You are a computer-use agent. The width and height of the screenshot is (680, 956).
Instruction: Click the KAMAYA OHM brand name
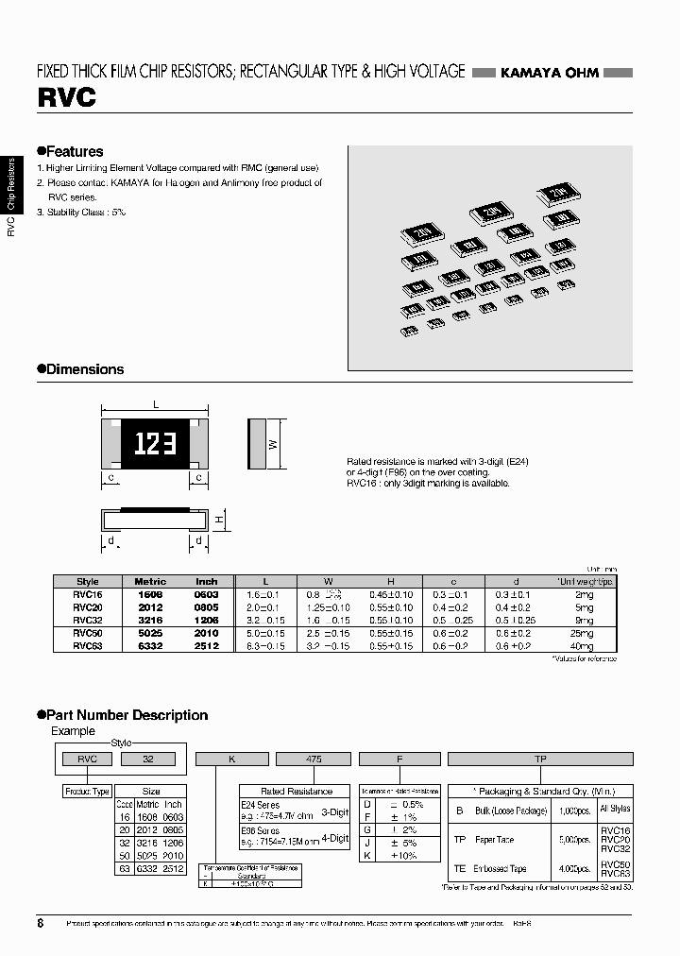pos(549,73)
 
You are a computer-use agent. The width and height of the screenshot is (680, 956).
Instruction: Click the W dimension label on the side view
pos(273,444)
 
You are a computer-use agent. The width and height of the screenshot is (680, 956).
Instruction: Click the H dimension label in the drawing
pos(217,519)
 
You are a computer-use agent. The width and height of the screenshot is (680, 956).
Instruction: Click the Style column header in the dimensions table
pos(88,582)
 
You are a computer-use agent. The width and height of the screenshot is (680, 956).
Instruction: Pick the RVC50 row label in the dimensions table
pos(88,633)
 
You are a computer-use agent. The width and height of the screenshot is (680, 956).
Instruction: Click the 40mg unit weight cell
pos(582,646)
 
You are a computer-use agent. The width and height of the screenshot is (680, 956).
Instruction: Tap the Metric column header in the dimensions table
pos(150,582)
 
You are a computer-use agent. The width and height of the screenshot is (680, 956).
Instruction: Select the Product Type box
pos(87,791)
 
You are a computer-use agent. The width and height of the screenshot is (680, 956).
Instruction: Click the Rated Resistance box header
pos(296,791)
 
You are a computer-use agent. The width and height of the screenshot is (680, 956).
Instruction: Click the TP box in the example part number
pos(539,758)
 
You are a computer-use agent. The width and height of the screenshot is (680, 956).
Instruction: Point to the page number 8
pos(40,923)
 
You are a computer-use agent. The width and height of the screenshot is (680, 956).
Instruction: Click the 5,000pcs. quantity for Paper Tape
pos(568,839)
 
